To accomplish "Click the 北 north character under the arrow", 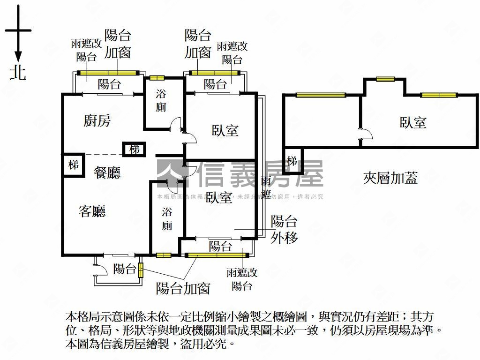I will click(x=18, y=73).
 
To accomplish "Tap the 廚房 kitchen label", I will click(x=97, y=121).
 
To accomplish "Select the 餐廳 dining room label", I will click(x=107, y=173).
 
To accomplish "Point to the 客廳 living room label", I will click(x=92, y=211).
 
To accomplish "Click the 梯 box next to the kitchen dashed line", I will click(x=135, y=150).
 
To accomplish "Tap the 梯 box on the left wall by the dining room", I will click(x=73, y=165).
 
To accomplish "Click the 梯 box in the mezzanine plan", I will click(x=292, y=161).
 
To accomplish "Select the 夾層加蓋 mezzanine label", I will click(x=390, y=178).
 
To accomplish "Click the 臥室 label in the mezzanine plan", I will click(x=413, y=123).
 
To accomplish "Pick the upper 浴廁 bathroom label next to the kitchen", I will click(x=161, y=100).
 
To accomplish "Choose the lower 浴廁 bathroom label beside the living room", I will click(x=167, y=219).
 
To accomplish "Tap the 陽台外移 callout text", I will click(x=284, y=229).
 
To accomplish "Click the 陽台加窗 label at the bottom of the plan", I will click(x=183, y=288).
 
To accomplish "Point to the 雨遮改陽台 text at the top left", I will click(x=86, y=50).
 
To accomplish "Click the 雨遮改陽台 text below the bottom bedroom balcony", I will click(x=242, y=279).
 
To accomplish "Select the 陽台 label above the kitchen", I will click(x=109, y=84).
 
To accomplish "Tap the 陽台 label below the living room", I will click(x=124, y=269).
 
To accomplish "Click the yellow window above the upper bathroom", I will click(x=157, y=78).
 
